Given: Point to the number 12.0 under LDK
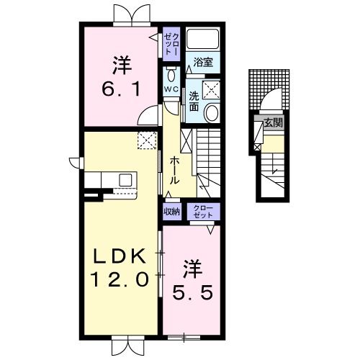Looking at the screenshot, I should tap(120, 278).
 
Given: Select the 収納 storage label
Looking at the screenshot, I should tap(171, 211).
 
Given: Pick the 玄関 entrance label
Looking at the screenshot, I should tap(273, 123).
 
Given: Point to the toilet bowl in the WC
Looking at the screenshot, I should tap(171, 75).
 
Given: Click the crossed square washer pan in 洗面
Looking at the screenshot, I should tap(212, 89).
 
